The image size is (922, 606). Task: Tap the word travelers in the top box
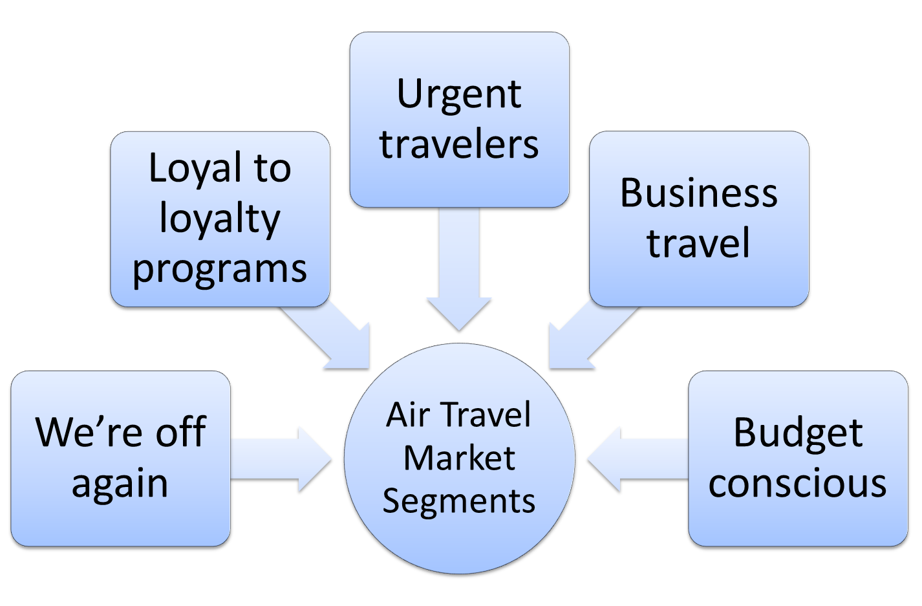coord(459,144)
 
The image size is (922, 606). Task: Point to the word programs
coord(220,270)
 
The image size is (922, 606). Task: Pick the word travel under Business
coord(698,243)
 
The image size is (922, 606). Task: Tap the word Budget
coord(798,435)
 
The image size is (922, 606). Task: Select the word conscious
coord(797,483)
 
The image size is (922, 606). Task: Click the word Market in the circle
coord(459,458)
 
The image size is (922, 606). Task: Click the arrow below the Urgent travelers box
coord(459,269)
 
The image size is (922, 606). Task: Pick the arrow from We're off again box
coord(281,459)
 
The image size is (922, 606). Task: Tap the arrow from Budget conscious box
coord(638,459)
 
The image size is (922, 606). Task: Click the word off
coord(181,431)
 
